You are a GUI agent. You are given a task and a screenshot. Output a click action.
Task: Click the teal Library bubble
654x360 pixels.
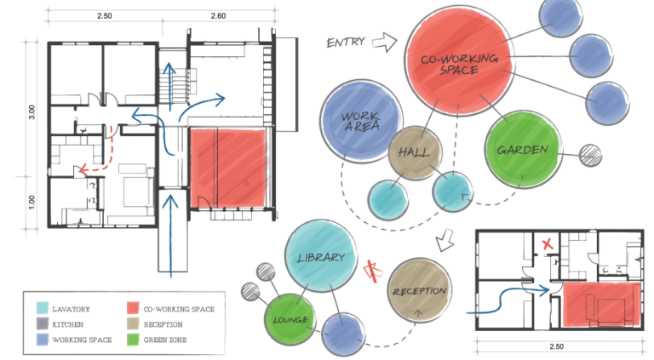[x=321, y=257]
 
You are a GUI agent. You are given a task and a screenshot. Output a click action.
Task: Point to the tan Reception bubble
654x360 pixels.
[x=419, y=290]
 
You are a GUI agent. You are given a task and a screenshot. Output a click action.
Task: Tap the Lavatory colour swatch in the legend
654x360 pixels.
[x=43, y=309]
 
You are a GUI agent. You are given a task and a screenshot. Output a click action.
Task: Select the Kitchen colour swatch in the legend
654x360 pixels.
[x=43, y=324]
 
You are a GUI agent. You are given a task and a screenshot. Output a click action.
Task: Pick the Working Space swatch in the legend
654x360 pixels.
[x=43, y=340]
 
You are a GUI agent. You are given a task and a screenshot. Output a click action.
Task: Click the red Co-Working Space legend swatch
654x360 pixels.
[x=134, y=309]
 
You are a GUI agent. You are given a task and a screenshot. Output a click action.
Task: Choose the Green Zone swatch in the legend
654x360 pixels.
[x=134, y=340]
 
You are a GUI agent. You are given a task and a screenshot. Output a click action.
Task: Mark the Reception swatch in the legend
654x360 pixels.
[x=134, y=324]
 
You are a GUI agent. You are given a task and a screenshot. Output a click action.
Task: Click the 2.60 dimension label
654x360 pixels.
[x=218, y=16]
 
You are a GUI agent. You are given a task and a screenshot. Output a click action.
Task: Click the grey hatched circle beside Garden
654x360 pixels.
[x=590, y=155]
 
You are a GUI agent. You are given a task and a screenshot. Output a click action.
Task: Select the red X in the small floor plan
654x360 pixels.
[x=549, y=244]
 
